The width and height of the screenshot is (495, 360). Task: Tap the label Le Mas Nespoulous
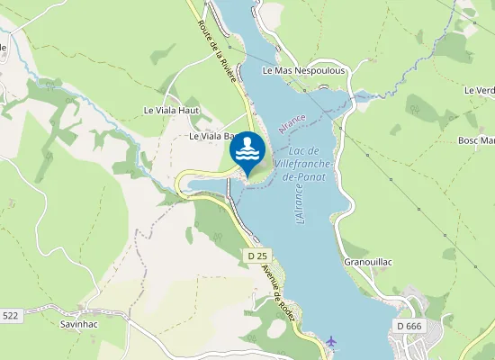point(303,69)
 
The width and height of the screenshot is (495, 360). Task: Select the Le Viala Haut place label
point(171,110)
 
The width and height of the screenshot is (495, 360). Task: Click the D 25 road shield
point(256,256)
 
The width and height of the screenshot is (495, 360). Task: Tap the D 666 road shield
point(407,325)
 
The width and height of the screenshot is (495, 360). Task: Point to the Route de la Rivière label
point(217,52)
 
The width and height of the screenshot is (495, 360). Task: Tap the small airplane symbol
point(332,341)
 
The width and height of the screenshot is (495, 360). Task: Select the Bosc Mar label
point(477,140)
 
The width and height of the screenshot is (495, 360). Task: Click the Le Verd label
point(480,91)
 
